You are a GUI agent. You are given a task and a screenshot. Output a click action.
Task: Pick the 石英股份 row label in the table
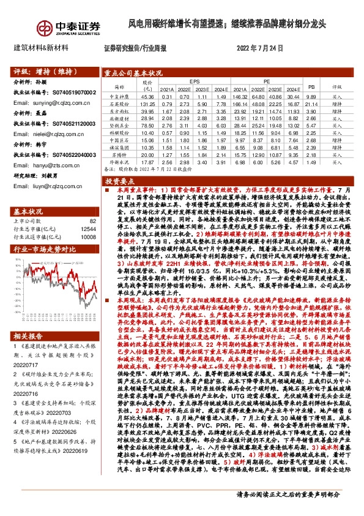click(118, 104)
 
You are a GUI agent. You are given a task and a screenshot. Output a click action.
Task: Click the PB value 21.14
click(311, 104)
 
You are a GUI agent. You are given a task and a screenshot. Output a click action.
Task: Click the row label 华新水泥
click(118, 162)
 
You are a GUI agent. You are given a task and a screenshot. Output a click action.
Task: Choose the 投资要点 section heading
click(120, 182)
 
